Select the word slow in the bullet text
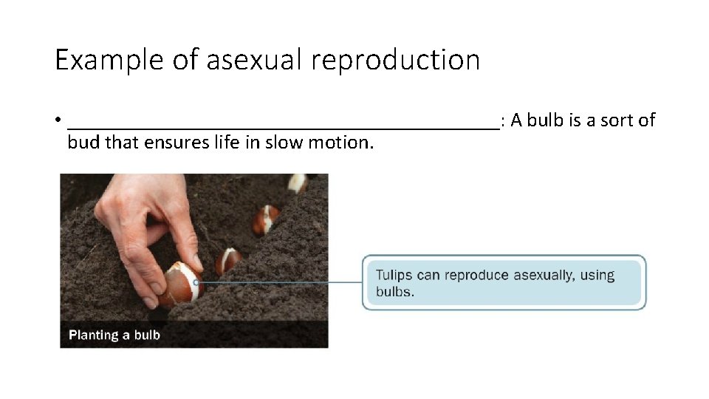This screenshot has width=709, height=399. click(284, 142)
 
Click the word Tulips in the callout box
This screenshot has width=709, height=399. click(394, 275)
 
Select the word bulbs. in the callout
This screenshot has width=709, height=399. click(395, 291)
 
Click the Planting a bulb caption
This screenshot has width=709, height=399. click(114, 335)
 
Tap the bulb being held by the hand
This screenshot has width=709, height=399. click(179, 284)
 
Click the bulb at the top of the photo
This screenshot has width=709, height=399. click(298, 183)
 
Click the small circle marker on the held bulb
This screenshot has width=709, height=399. click(196, 282)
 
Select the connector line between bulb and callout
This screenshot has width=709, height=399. click(281, 282)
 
